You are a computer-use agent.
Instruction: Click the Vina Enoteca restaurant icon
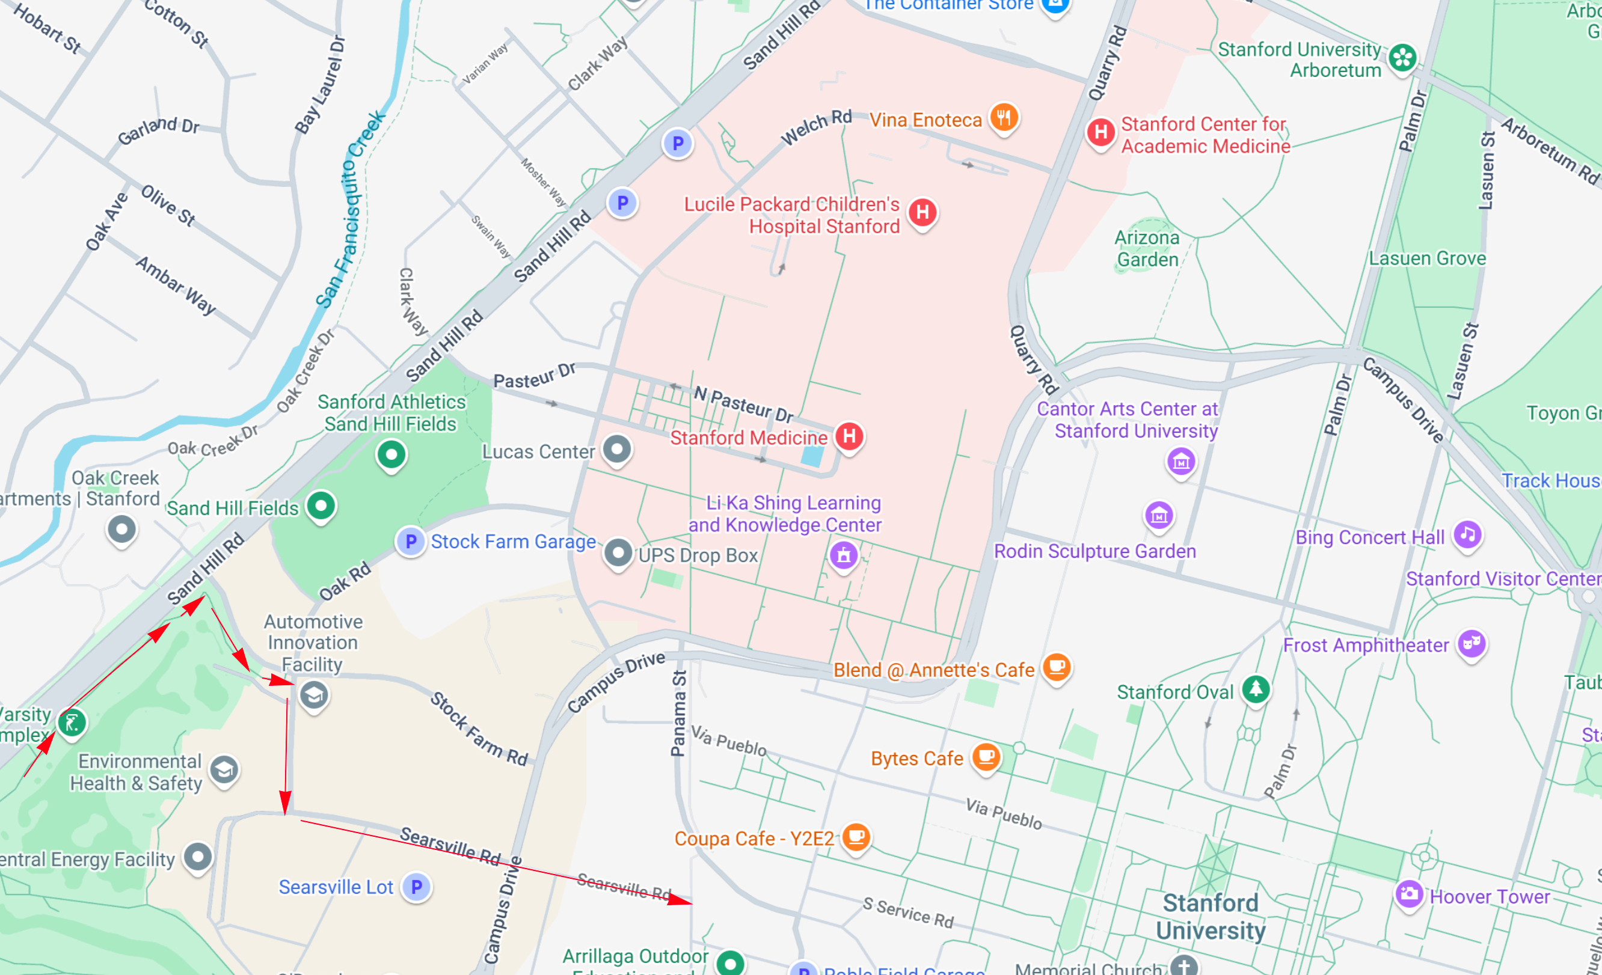(1004, 118)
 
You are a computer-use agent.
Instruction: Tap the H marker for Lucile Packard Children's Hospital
(922, 212)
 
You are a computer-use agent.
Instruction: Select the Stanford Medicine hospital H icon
(849, 436)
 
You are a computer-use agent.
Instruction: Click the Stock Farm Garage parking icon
(411, 541)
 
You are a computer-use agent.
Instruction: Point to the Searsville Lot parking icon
(416, 887)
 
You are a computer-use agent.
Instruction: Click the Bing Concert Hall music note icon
(1467, 534)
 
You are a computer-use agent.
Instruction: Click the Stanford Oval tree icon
(1256, 689)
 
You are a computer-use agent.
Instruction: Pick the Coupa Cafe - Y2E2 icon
(856, 837)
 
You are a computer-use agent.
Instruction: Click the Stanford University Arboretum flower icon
(1402, 58)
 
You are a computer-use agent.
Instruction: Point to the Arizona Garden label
(1147, 249)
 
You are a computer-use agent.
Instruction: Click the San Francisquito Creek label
(351, 208)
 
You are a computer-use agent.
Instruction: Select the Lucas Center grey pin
(616, 448)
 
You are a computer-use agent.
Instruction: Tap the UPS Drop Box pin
(618, 553)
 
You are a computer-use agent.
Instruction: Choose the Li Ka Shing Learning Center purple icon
(843, 554)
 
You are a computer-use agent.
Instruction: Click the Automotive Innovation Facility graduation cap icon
(314, 695)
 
